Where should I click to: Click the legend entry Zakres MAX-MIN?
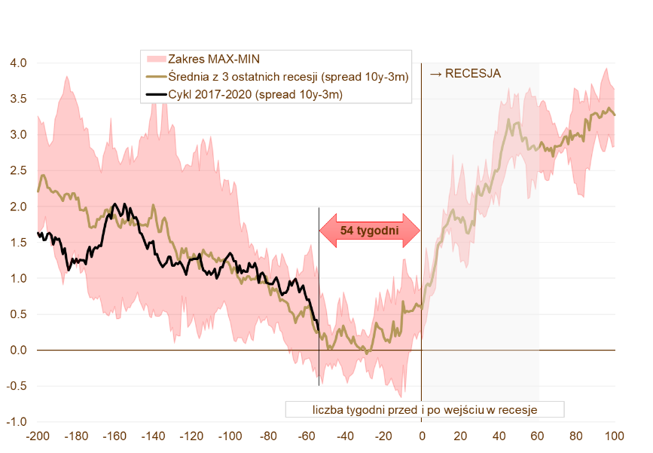(214, 58)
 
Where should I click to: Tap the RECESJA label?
(465, 73)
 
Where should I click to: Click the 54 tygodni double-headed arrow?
(370, 230)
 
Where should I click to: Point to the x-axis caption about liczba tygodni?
(425, 410)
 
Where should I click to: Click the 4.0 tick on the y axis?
(19, 63)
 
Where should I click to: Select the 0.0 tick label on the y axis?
(19, 350)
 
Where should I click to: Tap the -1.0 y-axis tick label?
(17, 422)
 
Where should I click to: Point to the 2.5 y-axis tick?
(19, 171)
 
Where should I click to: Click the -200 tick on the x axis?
(37, 436)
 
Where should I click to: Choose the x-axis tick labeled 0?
(422, 436)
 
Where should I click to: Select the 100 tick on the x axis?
(614, 436)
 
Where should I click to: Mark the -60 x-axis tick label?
(306, 436)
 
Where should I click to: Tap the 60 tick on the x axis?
(537, 436)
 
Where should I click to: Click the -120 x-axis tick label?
(191, 436)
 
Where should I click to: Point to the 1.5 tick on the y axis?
(19, 243)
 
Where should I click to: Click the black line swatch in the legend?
(155, 94)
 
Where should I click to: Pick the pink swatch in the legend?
(155, 58)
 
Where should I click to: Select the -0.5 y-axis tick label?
(17, 386)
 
